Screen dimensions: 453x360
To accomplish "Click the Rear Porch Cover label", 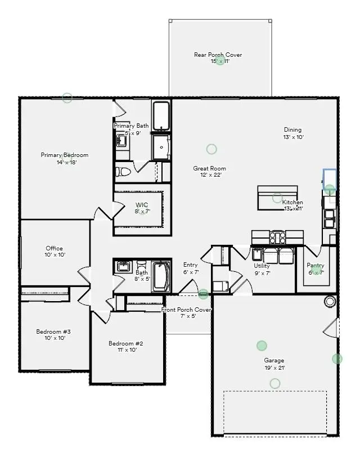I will tap(218, 55).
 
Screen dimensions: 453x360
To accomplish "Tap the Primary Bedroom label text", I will tap(65, 155).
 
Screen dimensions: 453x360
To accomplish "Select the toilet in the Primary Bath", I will tap(123, 171).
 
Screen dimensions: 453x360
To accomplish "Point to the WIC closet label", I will tap(142, 205).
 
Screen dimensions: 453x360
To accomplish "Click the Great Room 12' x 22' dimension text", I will tap(210, 175).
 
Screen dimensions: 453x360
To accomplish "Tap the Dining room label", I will tap(293, 129).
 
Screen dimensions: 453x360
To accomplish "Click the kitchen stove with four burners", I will tap(278, 237).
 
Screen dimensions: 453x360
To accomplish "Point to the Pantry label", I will tap(315, 266).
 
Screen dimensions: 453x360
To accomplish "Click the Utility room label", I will tap(262, 266).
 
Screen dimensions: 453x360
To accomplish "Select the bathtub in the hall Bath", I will tap(161, 276).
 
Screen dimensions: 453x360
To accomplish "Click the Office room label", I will tap(55, 248).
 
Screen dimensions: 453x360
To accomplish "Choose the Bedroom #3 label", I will tap(53, 331).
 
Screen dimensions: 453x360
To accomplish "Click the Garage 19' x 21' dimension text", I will tap(274, 368).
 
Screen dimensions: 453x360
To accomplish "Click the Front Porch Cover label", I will tap(187, 310).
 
